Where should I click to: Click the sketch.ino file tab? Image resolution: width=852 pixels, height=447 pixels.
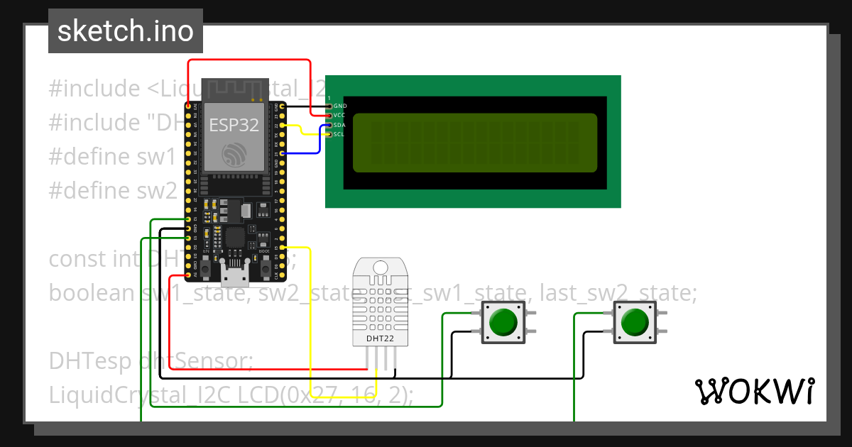click(x=125, y=31)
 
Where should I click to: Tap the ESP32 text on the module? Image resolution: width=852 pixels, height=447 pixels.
click(x=233, y=125)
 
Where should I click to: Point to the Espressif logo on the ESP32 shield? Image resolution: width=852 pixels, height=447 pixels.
click(x=234, y=155)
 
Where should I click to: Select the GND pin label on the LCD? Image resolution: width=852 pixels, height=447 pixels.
click(x=340, y=106)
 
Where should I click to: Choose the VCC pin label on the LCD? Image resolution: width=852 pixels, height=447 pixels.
click(x=340, y=115)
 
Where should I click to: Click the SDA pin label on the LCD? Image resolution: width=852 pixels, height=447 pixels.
click(x=340, y=124)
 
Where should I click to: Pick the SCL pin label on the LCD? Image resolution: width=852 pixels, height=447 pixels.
click(x=340, y=133)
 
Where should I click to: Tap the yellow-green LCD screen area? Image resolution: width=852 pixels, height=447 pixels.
click(x=474, y=143)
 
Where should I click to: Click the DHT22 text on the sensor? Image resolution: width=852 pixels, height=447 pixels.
click(x=380, y=338)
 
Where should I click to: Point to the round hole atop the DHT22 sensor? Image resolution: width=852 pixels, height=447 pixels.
click(x=381, y=267)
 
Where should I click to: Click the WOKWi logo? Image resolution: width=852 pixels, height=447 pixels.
click(x=754, y=391)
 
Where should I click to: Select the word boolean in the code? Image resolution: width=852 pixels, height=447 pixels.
click(x=92, y=292)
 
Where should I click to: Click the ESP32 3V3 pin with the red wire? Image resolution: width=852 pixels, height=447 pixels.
click(x=188, y=106)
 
